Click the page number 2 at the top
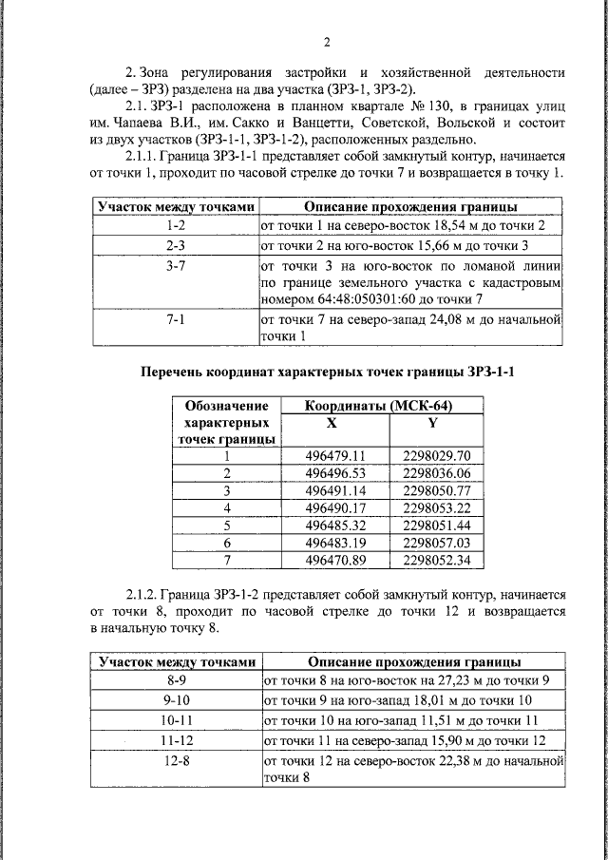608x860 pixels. (326, 42)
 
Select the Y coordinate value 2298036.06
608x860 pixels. (437, 472)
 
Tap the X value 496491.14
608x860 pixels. (334, 490)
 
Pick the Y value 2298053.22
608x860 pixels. (437, 507)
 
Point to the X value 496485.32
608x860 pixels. (334, 525)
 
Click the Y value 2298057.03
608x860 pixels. (437, 542)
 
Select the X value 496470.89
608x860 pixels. (334, 560)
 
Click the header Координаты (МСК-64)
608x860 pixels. (378, 406)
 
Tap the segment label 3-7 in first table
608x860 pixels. (175, 268)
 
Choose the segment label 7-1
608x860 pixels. (175, 320)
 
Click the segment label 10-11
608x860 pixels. (177, 719)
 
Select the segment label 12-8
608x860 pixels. (177, 762)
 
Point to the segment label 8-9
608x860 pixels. (177, 681)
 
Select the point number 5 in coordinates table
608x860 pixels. (227, 525)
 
